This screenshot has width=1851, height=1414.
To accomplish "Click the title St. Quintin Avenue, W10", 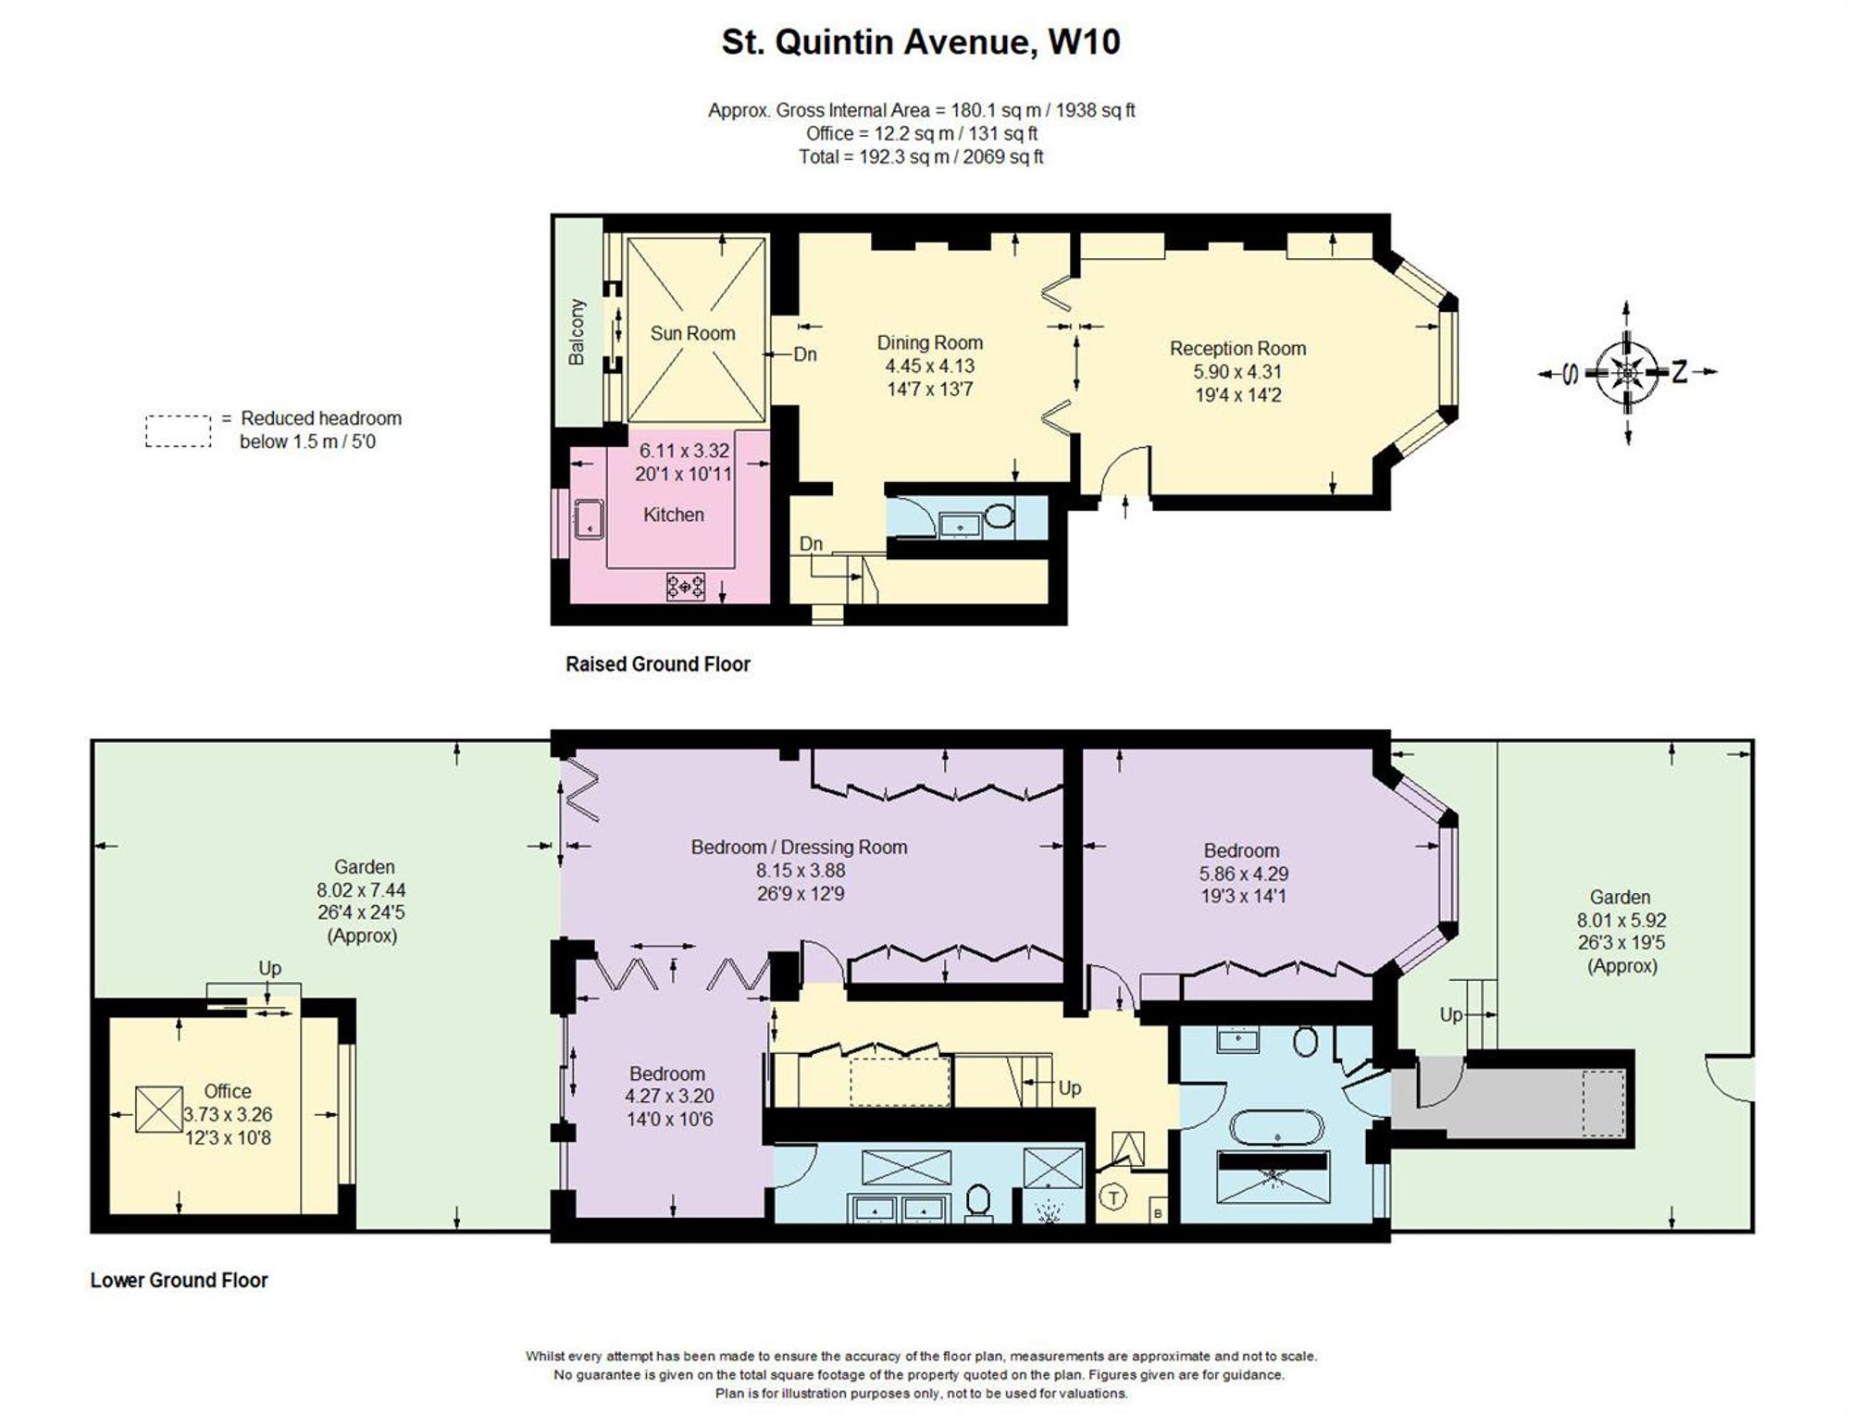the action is coord(921,43).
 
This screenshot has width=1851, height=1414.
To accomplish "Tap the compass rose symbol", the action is coord(1627,373).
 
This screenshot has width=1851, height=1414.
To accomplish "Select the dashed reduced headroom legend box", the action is coord(179,431).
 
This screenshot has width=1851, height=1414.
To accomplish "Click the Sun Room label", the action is coord(692,333).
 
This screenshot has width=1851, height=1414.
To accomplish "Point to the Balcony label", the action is coord(577,331).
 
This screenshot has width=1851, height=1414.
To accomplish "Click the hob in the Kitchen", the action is coord(686,586).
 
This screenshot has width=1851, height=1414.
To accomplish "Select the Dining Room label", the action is coord(929,342).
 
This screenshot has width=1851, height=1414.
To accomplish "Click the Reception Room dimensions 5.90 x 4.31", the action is coord(1237,372).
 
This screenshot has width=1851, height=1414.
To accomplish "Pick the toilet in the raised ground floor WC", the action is coord(999,515).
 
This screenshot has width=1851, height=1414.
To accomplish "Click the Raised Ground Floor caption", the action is coord(658,664).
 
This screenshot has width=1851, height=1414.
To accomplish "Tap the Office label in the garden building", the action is coord(228,1091).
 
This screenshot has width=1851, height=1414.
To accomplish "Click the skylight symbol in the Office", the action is coord(159,1109).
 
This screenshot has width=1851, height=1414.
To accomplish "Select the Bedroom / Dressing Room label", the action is coord(799,847).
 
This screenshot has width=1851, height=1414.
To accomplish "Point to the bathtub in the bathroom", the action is coord(1277,1128).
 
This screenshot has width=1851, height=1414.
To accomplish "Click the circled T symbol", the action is coord(1113,1198).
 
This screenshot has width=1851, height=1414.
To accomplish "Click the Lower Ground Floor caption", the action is coord(179,1281).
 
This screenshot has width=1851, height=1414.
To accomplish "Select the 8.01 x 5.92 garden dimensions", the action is coord(1621,921).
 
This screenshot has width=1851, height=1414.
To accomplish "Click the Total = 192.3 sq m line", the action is coord(921,157).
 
